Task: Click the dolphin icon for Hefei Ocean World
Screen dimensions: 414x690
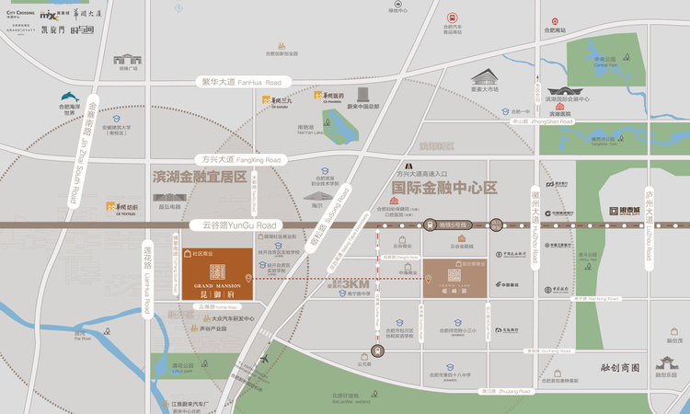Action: (70, 98)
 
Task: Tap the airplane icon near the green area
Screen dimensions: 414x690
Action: (265, 360)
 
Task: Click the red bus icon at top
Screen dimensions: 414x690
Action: (453, 17)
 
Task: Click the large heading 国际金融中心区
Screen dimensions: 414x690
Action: (443, 188)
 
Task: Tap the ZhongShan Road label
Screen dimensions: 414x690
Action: (551, 121)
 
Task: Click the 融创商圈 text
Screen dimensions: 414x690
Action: (606, 366)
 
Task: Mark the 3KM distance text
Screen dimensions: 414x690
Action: (343, 284)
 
